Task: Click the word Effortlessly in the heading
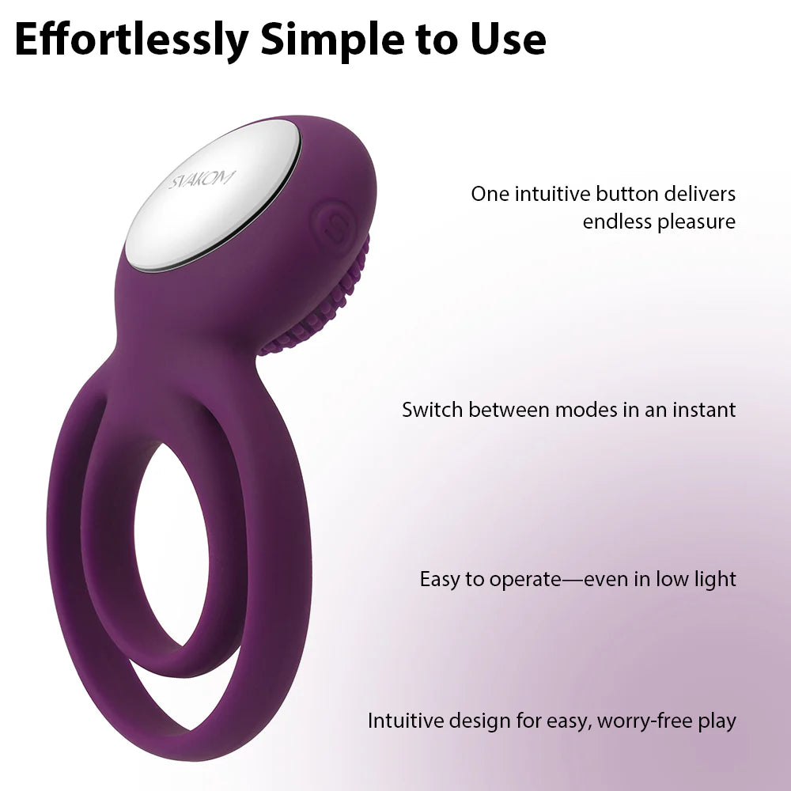tap(131, 40)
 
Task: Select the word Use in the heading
tap(508, 40)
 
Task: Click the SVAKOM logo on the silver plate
tap(202, 180)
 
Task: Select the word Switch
tap(433, 410)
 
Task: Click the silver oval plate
tap(213, 195)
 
